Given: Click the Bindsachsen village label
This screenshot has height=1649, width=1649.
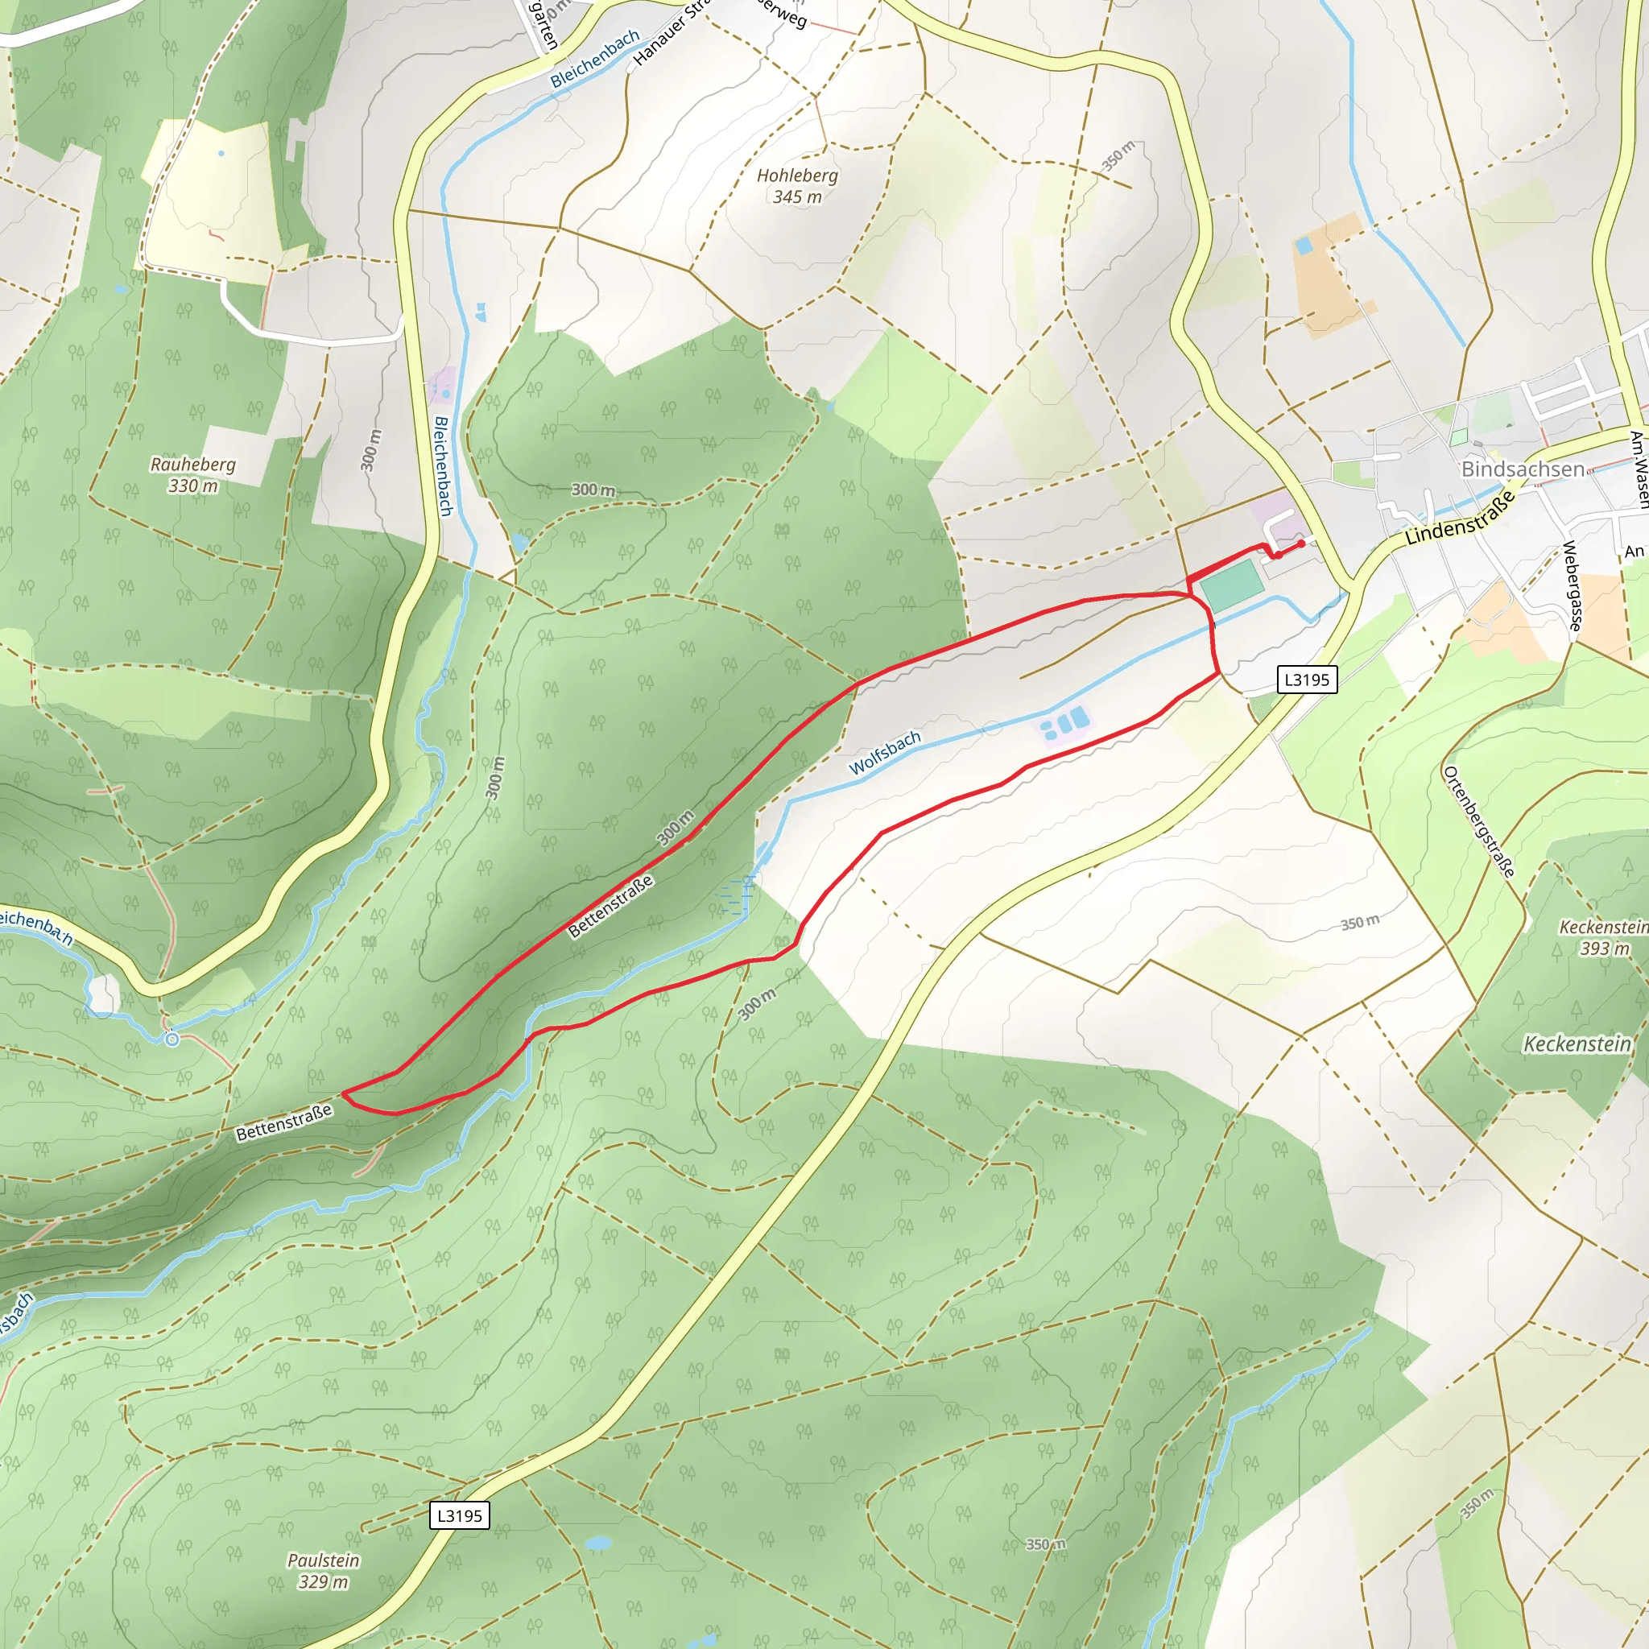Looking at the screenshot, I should point(1522,469).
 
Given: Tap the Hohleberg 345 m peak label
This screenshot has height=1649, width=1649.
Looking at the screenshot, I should point(797,185).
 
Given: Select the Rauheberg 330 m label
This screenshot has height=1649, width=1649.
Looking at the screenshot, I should point(193,474).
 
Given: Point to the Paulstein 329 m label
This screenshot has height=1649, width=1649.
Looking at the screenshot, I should point(323,1570).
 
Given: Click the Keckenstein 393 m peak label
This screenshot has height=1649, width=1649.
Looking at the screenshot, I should point(1603,937).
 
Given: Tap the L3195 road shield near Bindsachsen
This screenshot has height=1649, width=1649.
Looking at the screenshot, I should point(1307,680).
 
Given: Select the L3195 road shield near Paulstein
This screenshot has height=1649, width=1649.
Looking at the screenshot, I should point(459,1516).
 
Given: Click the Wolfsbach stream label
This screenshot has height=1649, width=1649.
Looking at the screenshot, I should point(885,752).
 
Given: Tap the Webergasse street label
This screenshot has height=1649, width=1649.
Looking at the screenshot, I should point(1572,586).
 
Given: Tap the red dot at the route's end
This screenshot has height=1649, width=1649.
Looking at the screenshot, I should point(1301,543).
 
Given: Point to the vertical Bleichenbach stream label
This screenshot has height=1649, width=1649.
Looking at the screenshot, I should point(442,465).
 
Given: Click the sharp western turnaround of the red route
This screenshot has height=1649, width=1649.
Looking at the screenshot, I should point(343,1093).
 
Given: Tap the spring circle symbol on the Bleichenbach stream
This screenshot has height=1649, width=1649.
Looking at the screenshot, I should point(172,1039).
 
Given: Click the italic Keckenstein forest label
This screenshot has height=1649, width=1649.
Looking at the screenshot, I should point(1577,1043).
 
